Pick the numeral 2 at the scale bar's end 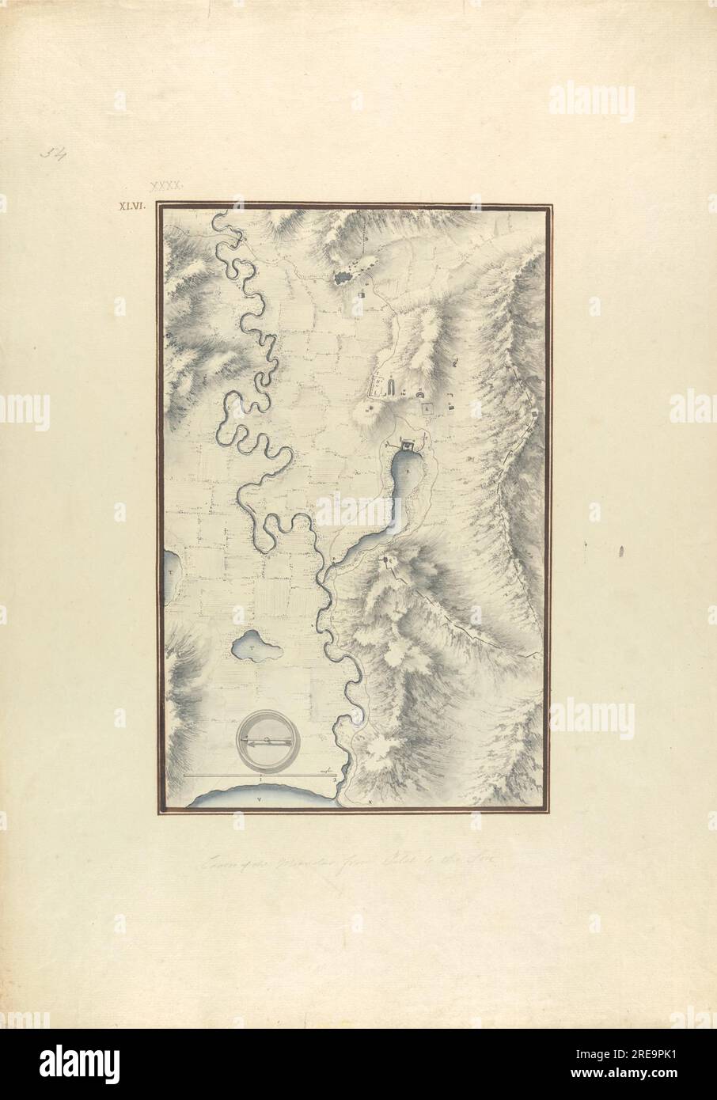click(336, 779)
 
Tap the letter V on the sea click(260, 800)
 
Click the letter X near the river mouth click(369, 801)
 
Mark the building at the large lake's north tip click(408, 445)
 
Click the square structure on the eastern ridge click(535, 412)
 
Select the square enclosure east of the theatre click(428, 408)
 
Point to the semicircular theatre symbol click(417, 393)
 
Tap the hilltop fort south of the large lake click(386, 560)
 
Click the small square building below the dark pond click(362, 294)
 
